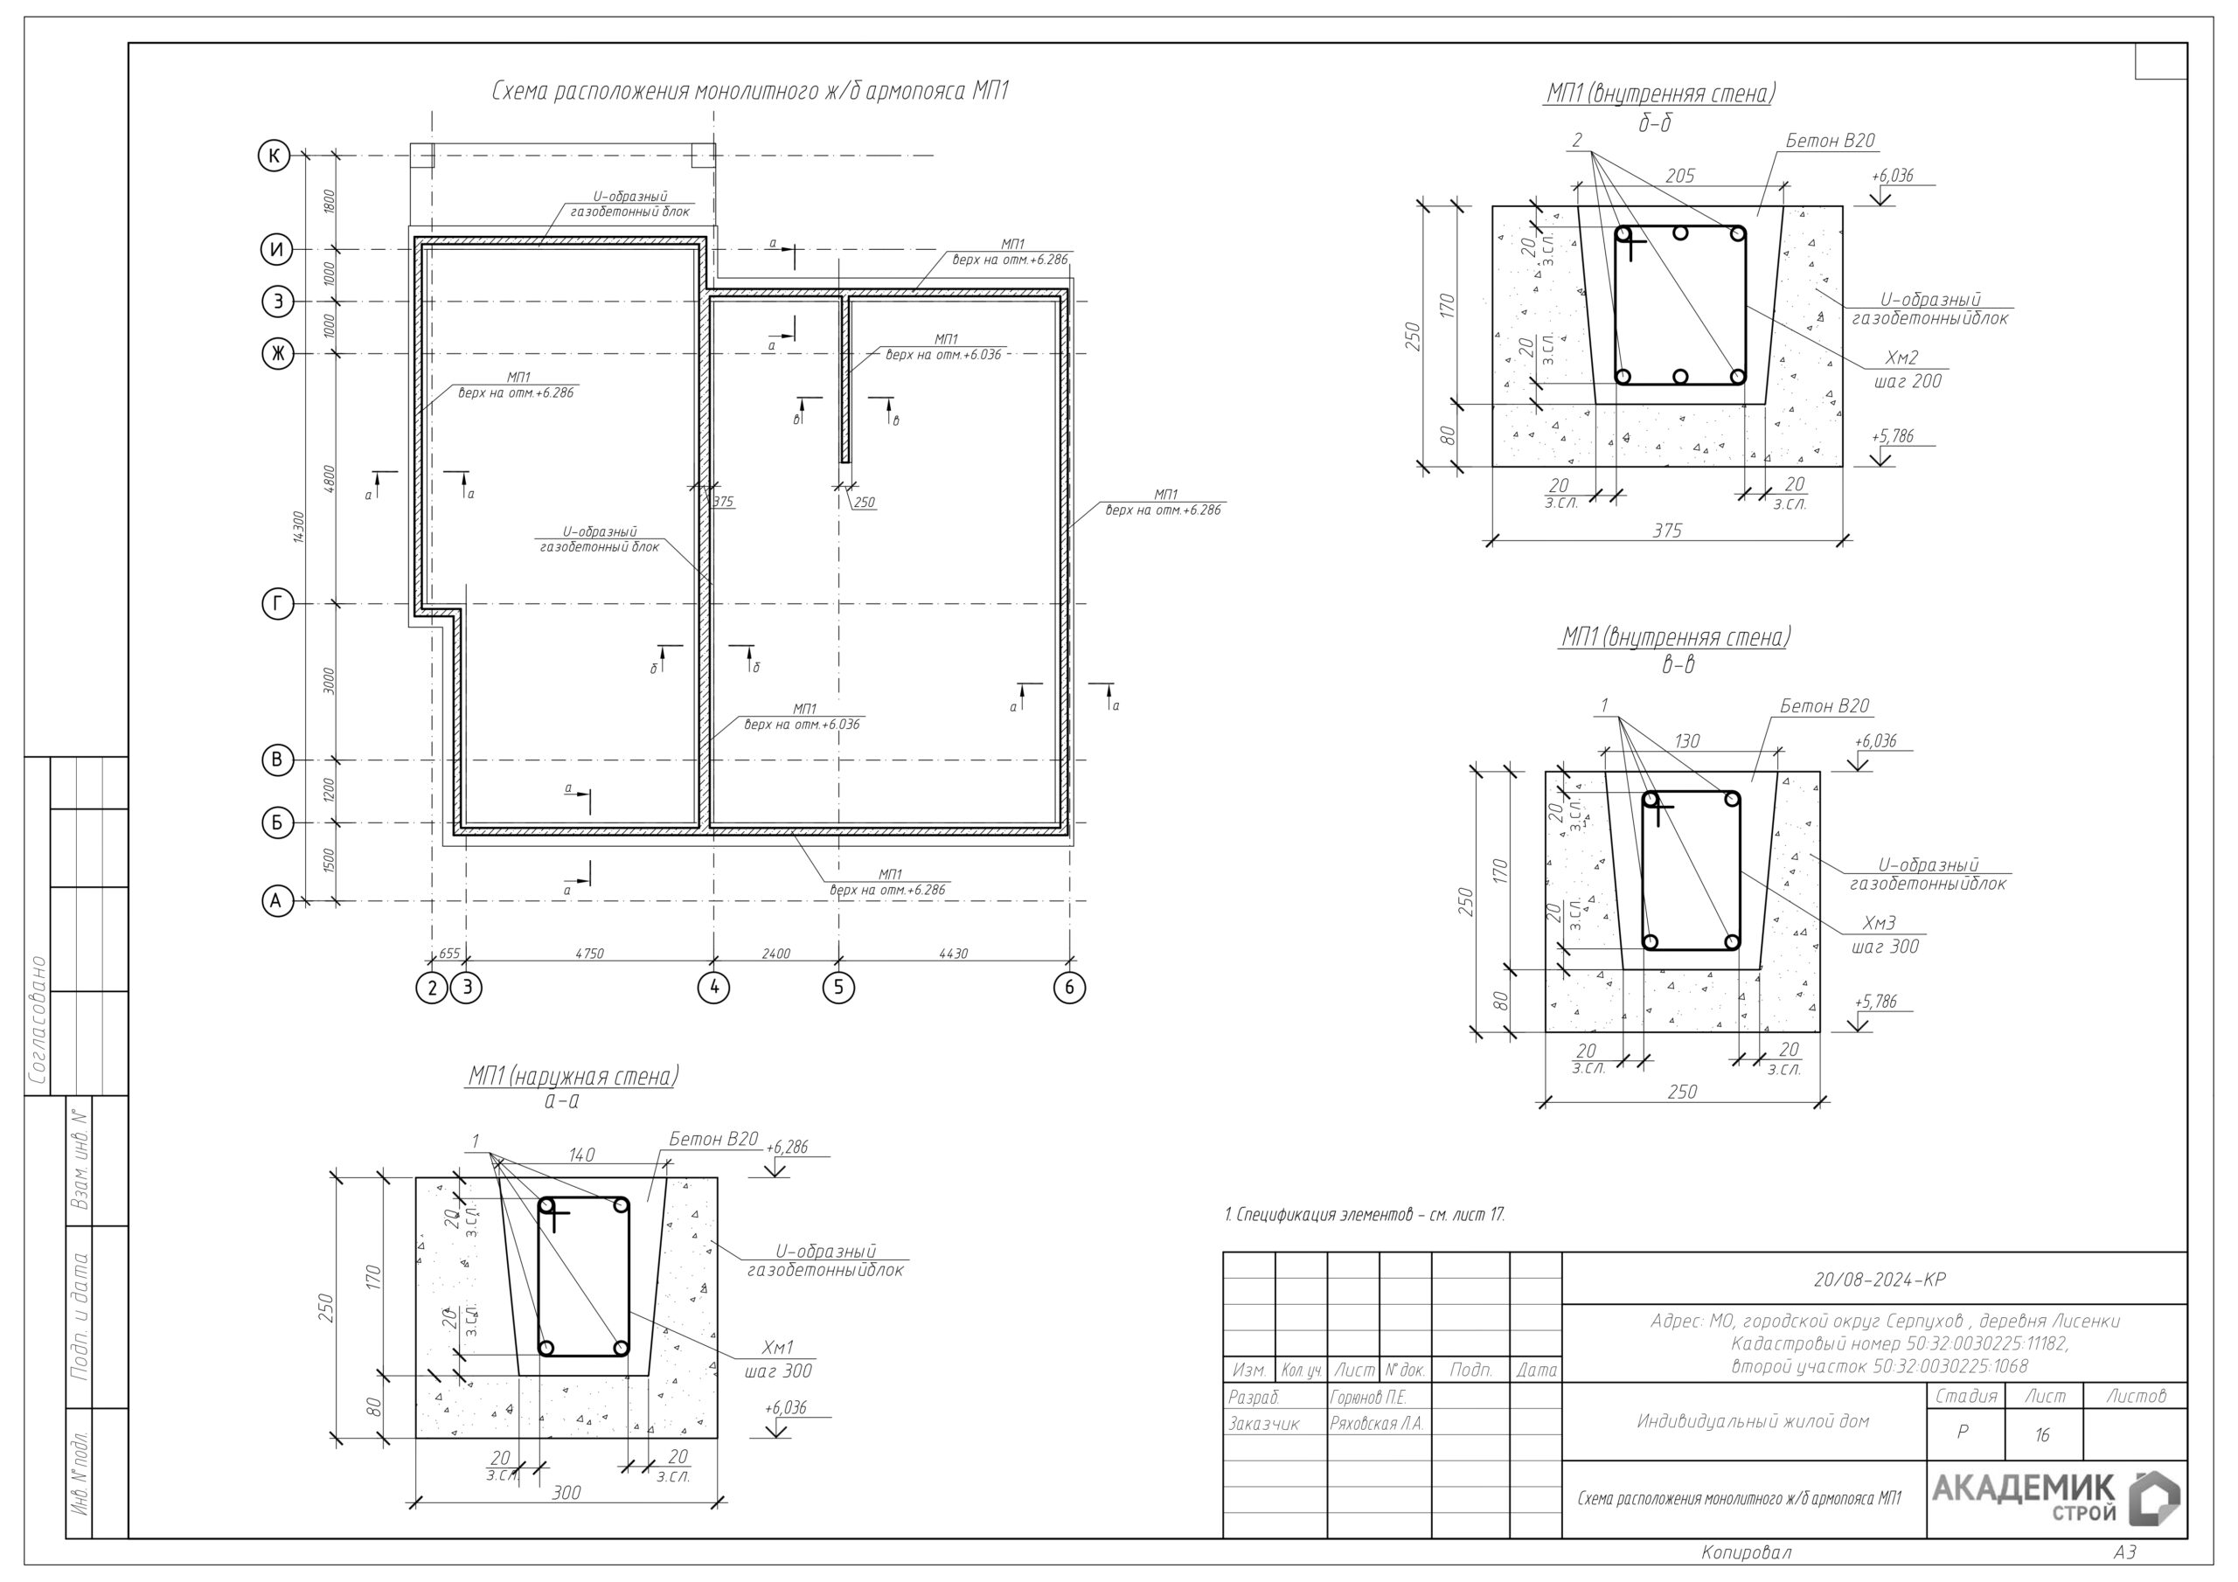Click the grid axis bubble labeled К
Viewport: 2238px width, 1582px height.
pos(274,156)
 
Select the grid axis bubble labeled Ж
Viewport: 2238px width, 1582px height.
pos(278,354)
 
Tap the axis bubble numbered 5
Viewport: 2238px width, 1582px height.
pos(838,988)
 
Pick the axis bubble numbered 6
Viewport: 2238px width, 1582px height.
pos(1069,988)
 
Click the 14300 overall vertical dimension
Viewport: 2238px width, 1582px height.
pos(299,527)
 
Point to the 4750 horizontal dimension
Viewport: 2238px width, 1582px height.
pos(588,954)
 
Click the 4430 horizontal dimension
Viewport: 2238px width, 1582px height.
pos(952,954)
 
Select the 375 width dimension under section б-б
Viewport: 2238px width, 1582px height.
pos(1667,531)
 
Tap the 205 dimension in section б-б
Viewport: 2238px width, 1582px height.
pos(1679,177)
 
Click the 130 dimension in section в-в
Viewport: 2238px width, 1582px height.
pos(1686,742)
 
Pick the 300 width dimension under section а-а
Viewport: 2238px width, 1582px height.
pos(566,1492)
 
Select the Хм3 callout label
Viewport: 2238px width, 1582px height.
pos(1879,923)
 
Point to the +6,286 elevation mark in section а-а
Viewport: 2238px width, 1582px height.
pos(787,1148)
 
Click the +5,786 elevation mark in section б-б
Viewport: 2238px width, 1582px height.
pos(1892,437)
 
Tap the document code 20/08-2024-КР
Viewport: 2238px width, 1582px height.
pos(1880,1280)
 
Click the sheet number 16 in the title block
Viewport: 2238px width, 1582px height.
pos(2042,1435)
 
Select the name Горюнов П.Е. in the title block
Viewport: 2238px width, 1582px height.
pos(1367,1398)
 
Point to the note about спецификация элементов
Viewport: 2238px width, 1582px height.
pos(1365,1215)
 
